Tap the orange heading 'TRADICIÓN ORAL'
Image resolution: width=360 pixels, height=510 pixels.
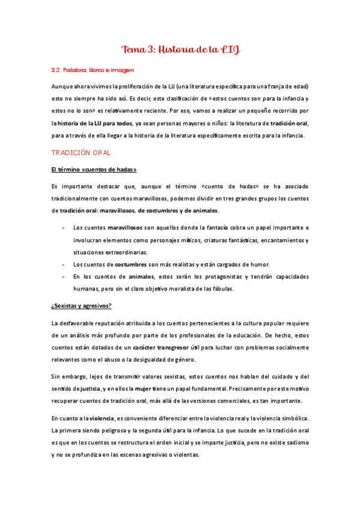[81, 153]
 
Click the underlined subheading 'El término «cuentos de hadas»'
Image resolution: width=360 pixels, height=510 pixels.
[90, 170]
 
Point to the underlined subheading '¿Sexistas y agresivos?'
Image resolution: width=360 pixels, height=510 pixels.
[81, 306]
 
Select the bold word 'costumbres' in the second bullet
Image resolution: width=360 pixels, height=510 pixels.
[132, 265]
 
